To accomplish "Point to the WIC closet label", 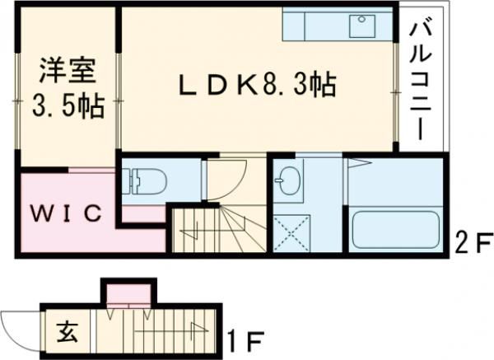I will (66, 213).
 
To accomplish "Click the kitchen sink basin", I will (361, 26).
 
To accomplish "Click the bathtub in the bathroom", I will (397, 229).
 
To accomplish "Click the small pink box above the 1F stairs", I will (128, 292).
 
